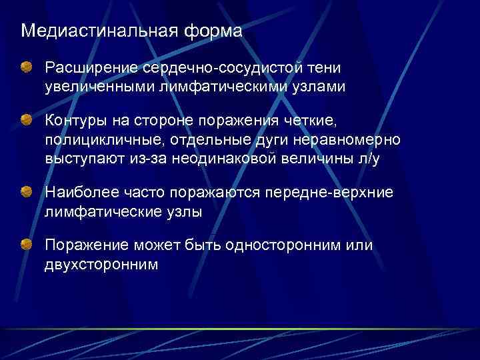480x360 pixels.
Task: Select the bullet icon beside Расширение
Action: [x=26, y=67]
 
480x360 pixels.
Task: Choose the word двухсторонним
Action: [x=102, y=265]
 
